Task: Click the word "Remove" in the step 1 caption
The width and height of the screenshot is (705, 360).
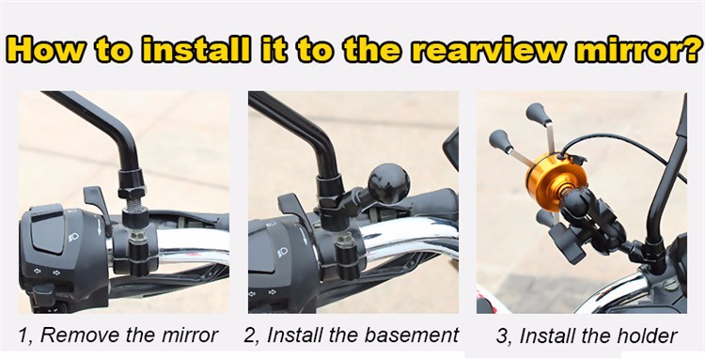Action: pos(80,336)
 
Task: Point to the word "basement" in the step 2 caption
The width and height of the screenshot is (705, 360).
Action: pos(412,336)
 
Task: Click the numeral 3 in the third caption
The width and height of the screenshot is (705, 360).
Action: pos(502,337)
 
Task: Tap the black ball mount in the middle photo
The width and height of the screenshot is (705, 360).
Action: pos(389,183)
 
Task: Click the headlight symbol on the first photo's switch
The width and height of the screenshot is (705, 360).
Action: pos(73,236)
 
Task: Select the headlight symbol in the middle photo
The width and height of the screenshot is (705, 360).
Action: pos(283,253)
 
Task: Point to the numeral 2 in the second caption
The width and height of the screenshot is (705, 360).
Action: pos(249,336)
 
